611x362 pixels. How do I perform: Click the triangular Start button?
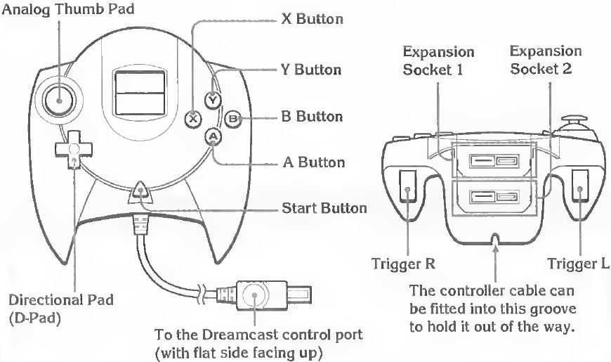tap(140, 191)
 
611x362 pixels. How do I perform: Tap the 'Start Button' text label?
tap(324, 208)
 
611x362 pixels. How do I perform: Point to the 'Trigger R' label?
tap(403, 264)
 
